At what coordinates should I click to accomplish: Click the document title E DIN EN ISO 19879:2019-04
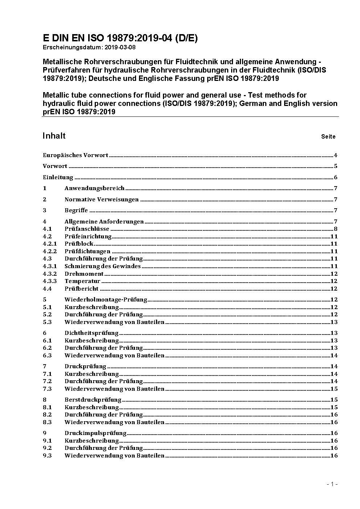120,38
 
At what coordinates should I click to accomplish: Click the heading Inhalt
54,136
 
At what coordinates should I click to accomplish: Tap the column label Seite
328,137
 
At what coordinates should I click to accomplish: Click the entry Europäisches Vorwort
75,155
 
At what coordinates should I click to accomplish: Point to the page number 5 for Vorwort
336,166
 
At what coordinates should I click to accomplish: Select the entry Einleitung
58,177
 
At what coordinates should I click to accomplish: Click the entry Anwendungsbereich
94,188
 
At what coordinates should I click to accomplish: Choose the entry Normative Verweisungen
102,199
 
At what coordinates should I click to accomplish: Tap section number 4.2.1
50,244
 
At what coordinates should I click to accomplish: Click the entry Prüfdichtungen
87,251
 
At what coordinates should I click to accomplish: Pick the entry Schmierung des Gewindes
103,266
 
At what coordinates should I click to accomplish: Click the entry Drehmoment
84,274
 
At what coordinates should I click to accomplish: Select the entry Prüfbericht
82,288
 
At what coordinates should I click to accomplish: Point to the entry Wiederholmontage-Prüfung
106,299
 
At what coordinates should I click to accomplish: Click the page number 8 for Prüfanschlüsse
336,229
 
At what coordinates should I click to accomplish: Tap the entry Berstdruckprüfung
93,399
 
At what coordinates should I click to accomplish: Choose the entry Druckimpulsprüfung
95,433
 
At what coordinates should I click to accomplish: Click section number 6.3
47,355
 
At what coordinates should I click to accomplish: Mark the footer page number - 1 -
332,484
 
